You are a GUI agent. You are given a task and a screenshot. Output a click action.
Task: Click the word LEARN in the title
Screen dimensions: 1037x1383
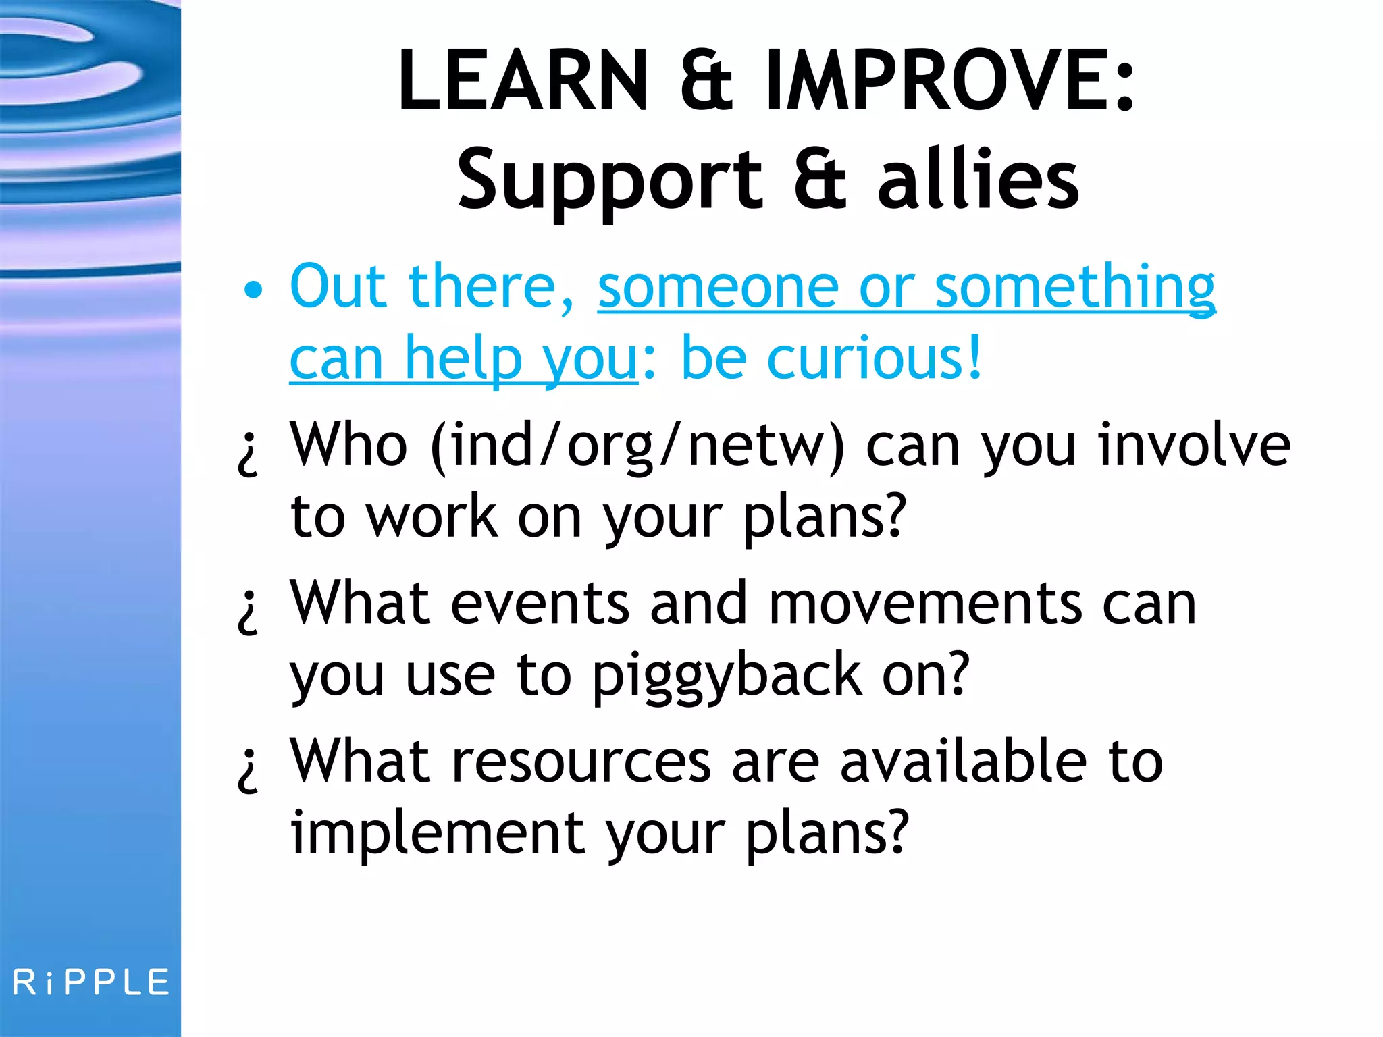point(523,80)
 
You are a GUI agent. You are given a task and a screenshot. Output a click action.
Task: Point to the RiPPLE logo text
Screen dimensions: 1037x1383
point(91,982)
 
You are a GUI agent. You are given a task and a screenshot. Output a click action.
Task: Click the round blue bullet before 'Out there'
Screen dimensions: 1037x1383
point(253,290)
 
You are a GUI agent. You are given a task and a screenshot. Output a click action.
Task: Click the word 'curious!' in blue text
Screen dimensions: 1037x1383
point(875,358)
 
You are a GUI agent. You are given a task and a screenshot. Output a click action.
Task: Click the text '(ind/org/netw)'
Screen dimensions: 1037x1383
point(637,446)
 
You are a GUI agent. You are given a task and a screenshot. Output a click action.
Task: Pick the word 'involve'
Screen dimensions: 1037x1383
point(1194,445)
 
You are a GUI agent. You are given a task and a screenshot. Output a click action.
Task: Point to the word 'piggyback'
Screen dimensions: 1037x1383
point(727,676)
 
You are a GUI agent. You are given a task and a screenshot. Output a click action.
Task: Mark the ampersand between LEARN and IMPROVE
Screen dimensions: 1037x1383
point(706,82)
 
